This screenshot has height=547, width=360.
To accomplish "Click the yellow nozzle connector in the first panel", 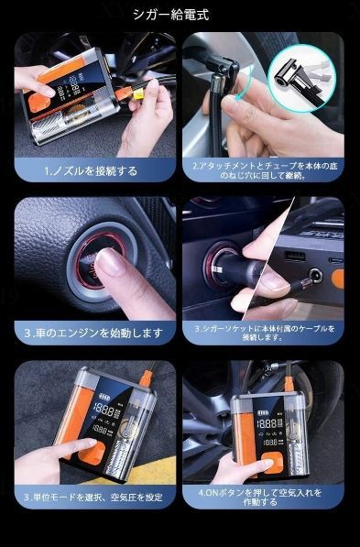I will pyautogui.click(x=137, y=94).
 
